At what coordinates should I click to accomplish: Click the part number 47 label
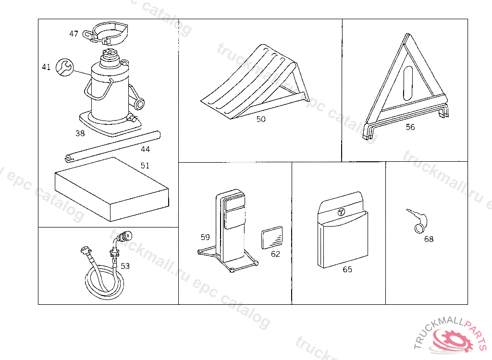pyautogui.click(x=74, y=34)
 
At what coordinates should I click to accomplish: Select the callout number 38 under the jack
pyautogui.click(x=80, y=133)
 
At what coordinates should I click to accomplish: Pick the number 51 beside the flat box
pyautogui.click(x=145, y=166)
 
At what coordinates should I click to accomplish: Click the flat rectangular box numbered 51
pyautogui.click(x=111, y=190)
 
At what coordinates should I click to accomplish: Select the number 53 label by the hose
pyautogui.click(x=125, y=266)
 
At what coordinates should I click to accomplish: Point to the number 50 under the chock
pyautogui.click(x=261, y=119)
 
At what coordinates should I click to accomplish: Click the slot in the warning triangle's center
pyautogui.click(x=408, y=82)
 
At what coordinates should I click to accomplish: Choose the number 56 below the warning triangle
pyautogui.click(x=410, y=127)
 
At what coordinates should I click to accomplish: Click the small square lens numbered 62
pyautogui.click(x=272, y=238)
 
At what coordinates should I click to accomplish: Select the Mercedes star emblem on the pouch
pyautogui.click(x=341, y=212)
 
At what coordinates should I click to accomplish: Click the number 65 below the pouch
pyautogui.click(x=347, y=269)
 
